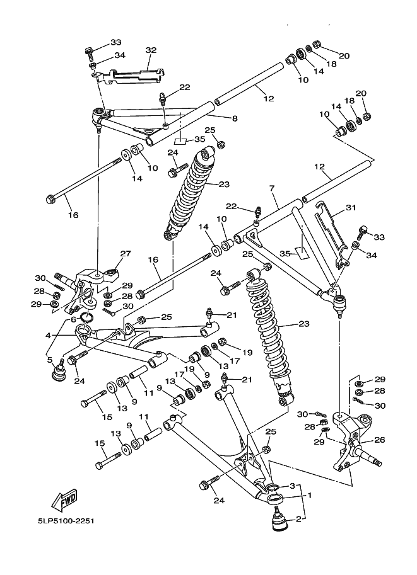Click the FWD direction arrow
[65, 500]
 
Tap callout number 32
[151, 50]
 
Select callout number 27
[126, 253]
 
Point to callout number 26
[380, 440]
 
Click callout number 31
[351, 208]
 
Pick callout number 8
[235, 118]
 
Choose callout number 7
[272, 188]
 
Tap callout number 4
[48, 336]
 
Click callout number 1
[309, 495]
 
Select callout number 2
[298, 519]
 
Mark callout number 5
[50, 360]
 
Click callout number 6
[73, 319]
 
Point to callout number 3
[293, 486]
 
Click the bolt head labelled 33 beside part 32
[89, 54]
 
